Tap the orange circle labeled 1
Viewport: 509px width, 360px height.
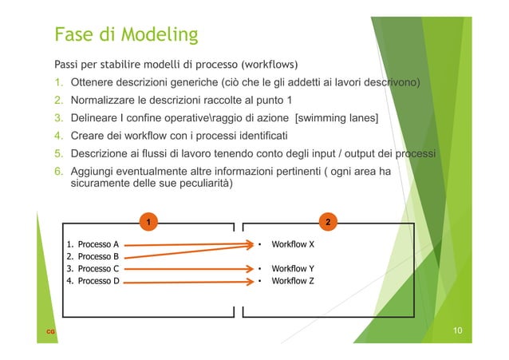click(x=147, y=220)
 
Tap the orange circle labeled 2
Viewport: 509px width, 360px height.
click(x=329, y=220)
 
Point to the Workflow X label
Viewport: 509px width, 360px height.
click(x=293, y=244)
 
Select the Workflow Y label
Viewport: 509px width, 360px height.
click(x=293, y=269)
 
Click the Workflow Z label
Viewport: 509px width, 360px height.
click(x=293, y=281)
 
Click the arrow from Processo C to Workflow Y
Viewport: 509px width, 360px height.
click(x=187, y=269)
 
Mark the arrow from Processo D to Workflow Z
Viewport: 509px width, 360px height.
click(x=187, y=281)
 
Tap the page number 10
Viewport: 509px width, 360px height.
click(x=457, y=330)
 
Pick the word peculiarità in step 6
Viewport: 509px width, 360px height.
click(x=205, y=184)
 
